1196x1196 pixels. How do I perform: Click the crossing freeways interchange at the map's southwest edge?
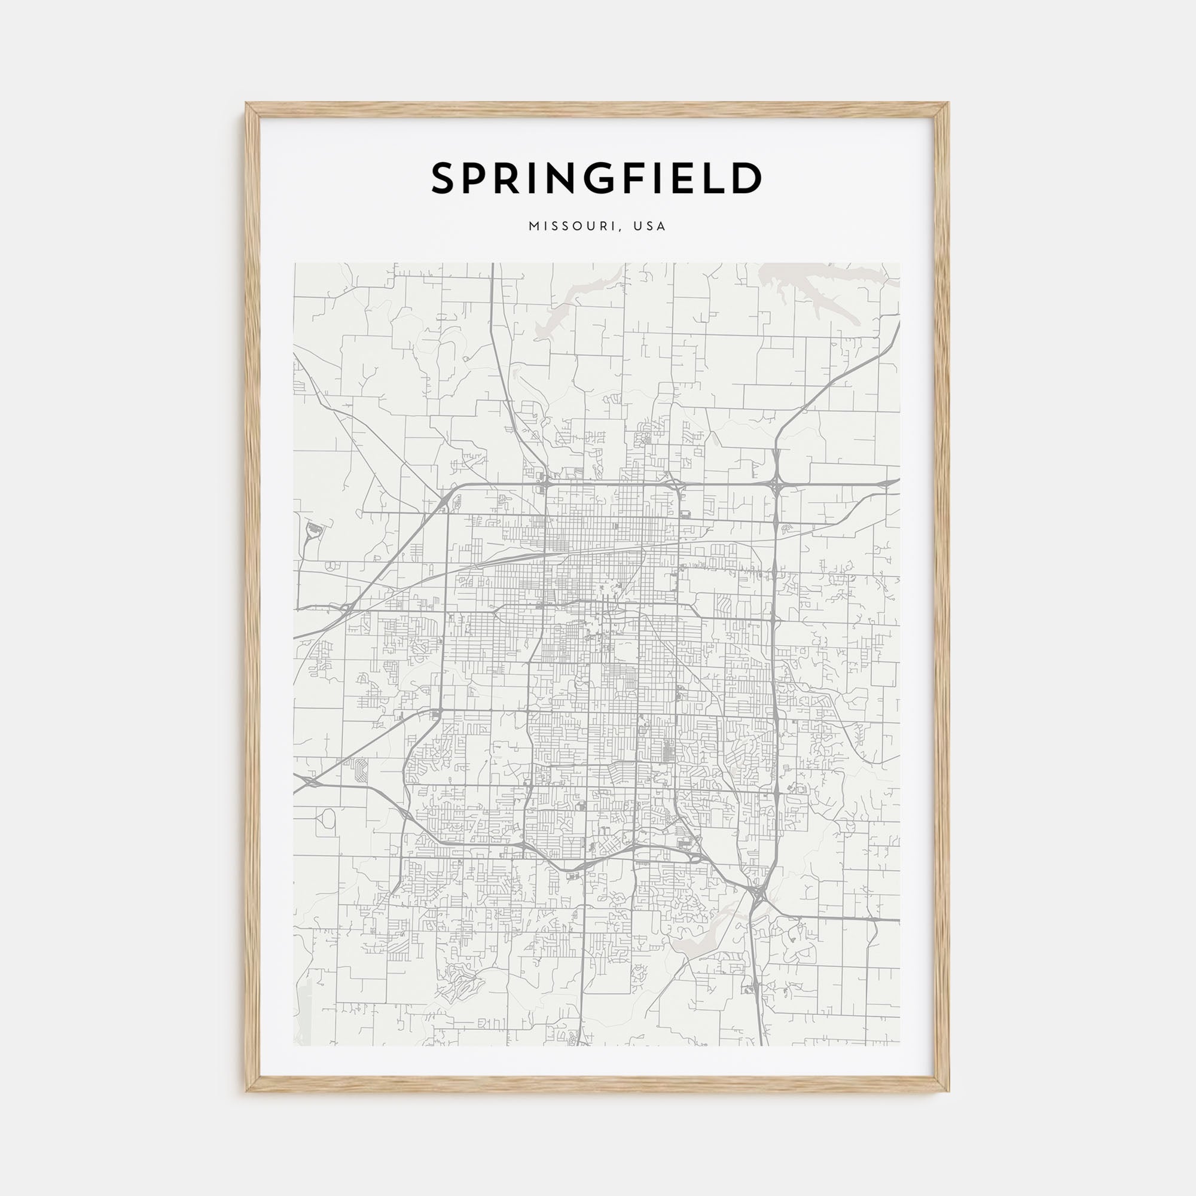pyautogui.click(x=310, y=783)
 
